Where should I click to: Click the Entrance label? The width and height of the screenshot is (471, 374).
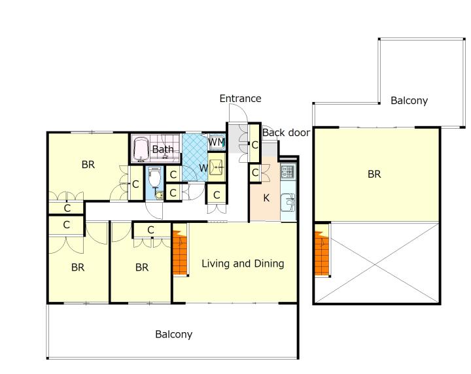click(240, 99)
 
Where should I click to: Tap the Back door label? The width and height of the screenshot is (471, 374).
click(287, 132)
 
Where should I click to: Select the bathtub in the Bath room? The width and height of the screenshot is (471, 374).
click(141, 149)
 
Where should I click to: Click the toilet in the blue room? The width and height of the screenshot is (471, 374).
click(154, 177)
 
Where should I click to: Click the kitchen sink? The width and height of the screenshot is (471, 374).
click(288, 203)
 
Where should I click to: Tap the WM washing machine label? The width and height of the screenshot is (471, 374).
click(217, 142)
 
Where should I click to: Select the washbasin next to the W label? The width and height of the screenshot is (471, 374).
click(217, 167)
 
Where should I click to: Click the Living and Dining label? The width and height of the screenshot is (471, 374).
click(243, 263)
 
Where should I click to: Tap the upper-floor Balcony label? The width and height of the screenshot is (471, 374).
click(409, 101)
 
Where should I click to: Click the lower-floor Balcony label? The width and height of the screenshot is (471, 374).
click(173, 334)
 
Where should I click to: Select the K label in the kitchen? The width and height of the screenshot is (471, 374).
click(266, 198)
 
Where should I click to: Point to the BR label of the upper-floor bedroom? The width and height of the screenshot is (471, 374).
click(374, 174)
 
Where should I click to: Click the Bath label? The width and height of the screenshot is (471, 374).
click(163, 149)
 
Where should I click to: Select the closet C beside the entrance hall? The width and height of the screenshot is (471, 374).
click(254, 145)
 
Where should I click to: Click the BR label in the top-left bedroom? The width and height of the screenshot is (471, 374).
click(88, 165)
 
